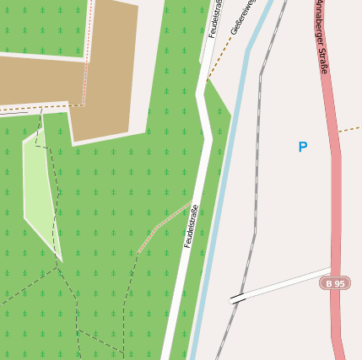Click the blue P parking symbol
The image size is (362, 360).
[x=302, y=148]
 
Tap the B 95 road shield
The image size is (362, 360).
[x=335, y=283]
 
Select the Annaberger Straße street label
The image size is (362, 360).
[x=321, y=37]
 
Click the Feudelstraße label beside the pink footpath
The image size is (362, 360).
[x=191, y=226]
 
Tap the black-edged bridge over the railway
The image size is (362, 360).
[x=238, y=298]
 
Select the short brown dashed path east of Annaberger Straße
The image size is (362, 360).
[x=349, y=130]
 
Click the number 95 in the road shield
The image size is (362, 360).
[x=339, y=283]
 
